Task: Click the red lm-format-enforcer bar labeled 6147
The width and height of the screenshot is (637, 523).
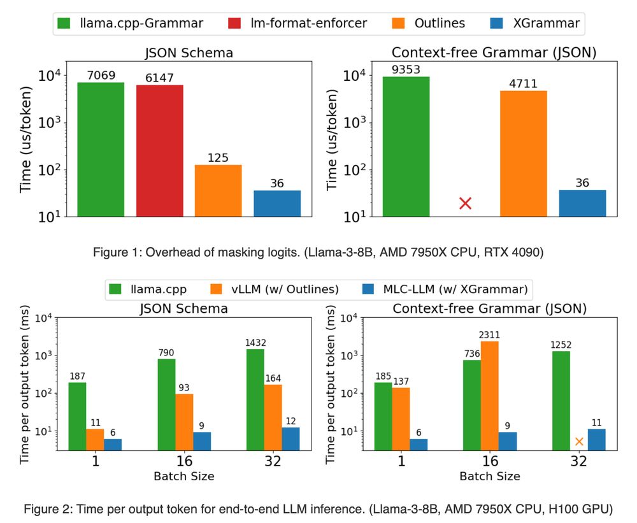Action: [x=160, y=150]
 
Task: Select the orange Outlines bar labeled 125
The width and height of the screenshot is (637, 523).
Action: [x=218, y=190]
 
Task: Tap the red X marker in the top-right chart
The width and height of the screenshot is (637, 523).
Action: [x=465, y=203]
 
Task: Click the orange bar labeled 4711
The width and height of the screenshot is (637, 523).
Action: [x=523, y=153]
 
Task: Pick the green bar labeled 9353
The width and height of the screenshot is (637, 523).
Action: [x=406, y=146]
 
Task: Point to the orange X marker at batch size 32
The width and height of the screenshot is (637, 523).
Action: [x=578, y=441]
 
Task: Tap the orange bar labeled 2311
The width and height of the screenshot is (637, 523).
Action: [x=490, y=396]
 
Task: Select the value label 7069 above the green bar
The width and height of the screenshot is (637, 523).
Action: [x=101, y=76]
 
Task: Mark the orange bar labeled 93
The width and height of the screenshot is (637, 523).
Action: [x=184, y=422]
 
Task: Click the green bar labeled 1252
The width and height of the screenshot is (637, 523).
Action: [x=561, y=401]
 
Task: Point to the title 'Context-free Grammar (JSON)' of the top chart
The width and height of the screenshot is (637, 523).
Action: [x=494, y=53]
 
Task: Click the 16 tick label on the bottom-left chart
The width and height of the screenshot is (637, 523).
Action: [x=183, y=462]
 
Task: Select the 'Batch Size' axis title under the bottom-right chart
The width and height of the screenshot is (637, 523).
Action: [x=490, y=476]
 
